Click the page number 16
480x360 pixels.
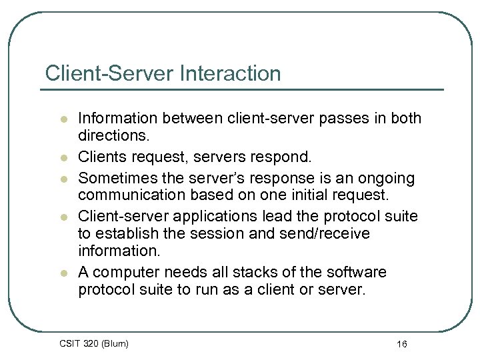tap(401, 344)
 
